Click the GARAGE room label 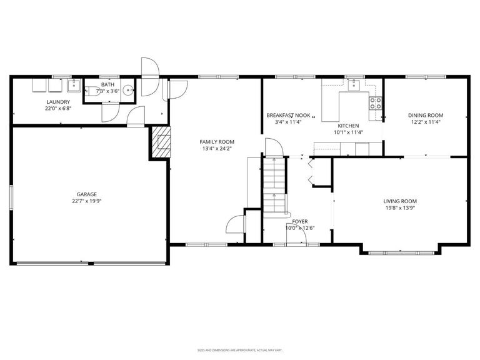(87, 194)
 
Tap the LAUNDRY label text (57, 102)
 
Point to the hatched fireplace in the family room (161, 142)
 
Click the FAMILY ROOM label (217, 142)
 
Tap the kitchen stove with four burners (376, 103)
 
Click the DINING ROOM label (426, 115)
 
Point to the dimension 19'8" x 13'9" (400, 208)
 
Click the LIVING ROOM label (400, 201)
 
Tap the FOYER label (300, 221)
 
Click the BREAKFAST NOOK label (288, 115)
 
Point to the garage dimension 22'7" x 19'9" (87, 201)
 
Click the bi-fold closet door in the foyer (312, 172)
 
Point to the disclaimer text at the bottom (240, 350)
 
